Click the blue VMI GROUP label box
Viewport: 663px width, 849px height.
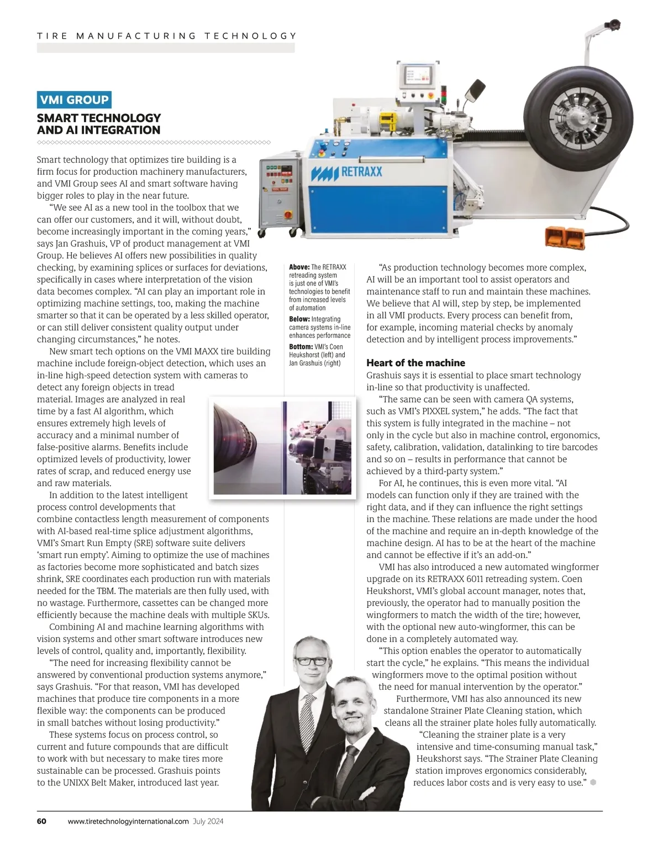tap(74, 100)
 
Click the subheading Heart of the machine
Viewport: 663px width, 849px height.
tap(415, 363)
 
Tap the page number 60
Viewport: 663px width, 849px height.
tap(41, 821)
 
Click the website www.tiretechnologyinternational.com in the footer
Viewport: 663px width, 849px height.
tap(128, 821)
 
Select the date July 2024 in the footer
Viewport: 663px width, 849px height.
tap(208, 821)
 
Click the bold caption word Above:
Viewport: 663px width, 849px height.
tap(299, 267)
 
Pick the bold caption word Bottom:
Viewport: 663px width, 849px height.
tap(301, 347)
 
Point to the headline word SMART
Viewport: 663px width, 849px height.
tap(60, 118)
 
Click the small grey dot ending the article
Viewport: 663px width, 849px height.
tap(593, 782)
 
